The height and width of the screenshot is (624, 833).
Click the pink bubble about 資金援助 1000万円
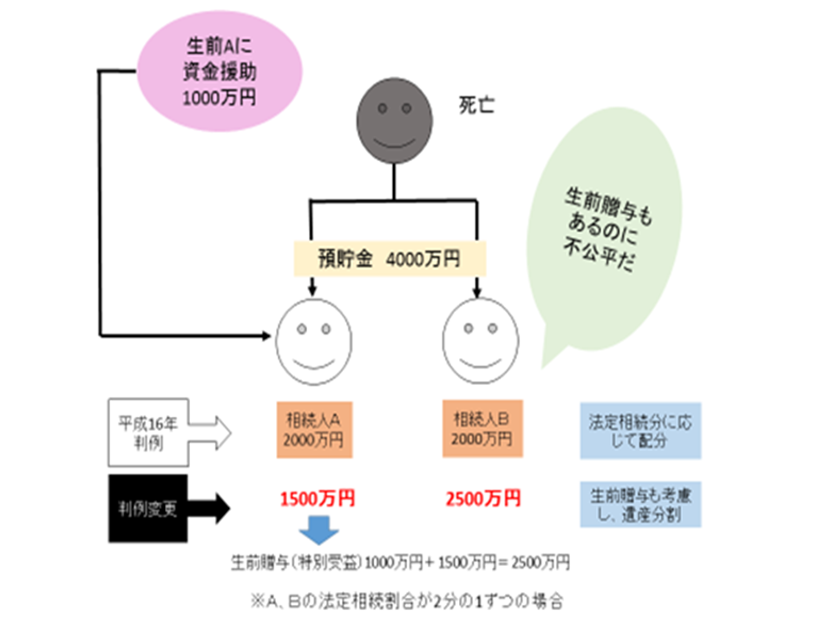click(220, 71)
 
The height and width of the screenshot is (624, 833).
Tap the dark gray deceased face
click(394, 121)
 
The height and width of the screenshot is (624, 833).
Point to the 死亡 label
click(476, 105)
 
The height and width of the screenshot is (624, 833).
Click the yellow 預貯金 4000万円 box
click(390, 259)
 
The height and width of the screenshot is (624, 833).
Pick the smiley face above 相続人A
click(313, 341)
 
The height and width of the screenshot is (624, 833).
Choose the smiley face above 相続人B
click(480, 340)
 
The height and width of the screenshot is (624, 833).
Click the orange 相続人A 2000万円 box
click(314, 430)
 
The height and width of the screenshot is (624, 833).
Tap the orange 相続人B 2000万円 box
click(482, 429)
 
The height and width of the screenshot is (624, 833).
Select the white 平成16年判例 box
click(148, 432)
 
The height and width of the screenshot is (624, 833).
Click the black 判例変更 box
click(148, 509)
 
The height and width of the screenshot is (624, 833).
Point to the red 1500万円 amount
click(318, 499)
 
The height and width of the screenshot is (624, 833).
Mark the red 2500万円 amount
click(483, 499)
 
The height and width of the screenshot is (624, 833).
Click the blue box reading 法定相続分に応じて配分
click(640, 431)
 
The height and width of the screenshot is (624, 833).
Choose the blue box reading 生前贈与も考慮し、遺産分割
click(640, 504)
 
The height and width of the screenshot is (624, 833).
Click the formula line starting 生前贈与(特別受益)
click(400, 562)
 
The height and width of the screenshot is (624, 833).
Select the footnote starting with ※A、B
click(407, 601)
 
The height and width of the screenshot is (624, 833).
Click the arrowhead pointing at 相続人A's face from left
click(266, 335)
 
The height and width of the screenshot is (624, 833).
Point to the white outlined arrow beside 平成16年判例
click(210, 433)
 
